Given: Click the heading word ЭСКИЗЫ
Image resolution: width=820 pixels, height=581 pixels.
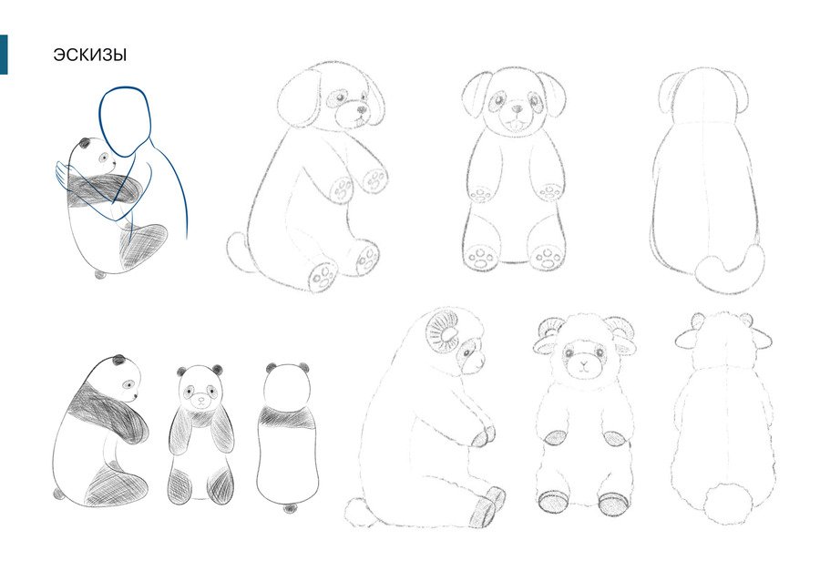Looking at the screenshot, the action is point(89,55).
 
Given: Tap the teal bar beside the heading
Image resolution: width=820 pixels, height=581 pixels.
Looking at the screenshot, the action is point(4,55).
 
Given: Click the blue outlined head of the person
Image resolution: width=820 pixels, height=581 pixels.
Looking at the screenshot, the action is point(125,121).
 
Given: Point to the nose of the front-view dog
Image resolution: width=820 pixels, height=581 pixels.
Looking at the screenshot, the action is point(517,109).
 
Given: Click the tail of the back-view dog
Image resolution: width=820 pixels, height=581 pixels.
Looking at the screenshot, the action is point(729,268).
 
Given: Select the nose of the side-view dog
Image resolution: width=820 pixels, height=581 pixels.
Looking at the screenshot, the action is point(362,109).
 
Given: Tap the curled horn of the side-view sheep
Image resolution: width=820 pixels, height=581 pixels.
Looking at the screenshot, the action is point(443,332).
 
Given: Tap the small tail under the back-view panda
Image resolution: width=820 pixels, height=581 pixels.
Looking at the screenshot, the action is point(290,508).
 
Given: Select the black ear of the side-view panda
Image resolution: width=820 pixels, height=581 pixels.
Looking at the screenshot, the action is point(119,360).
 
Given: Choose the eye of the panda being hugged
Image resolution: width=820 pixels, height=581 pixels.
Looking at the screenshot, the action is point(104,158).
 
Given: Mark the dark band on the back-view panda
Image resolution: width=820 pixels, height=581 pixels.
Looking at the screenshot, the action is point(288,417).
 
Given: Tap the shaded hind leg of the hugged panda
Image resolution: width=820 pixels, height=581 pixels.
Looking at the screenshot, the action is point(143,246).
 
